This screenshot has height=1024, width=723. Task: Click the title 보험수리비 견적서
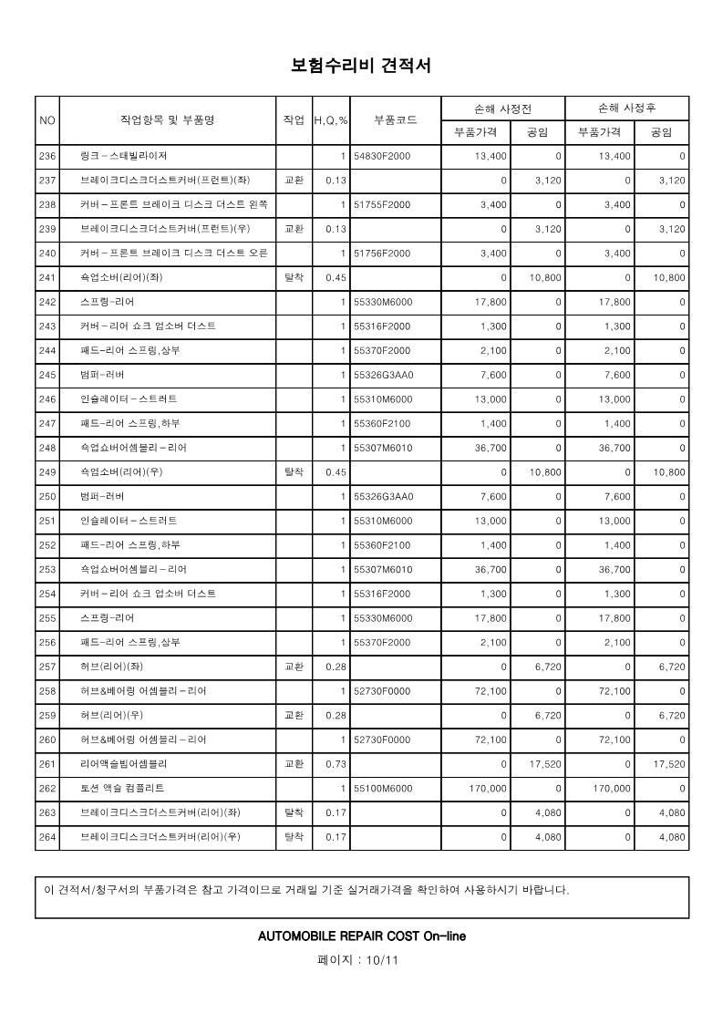click(361, 66)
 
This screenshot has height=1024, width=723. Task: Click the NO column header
click(47, 120)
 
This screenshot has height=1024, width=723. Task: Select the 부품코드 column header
click(396, 120)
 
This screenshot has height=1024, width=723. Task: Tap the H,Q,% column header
click(331, 120)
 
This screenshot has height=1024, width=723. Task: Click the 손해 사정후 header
click(626, 109)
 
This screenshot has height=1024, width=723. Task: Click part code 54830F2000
click(382, 157)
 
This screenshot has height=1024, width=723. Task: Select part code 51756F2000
click(382, 253)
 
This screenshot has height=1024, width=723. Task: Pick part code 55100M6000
click(383, 788)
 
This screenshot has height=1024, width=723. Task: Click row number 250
click(48, 497)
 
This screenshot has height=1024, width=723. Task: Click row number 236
click(48, 157)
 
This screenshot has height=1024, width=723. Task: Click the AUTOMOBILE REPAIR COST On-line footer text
click(362, 936)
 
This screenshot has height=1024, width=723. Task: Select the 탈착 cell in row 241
click(294, 277)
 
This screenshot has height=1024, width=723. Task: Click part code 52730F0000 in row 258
click(382, 691)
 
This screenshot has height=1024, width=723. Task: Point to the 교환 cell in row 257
click(294, 667)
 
